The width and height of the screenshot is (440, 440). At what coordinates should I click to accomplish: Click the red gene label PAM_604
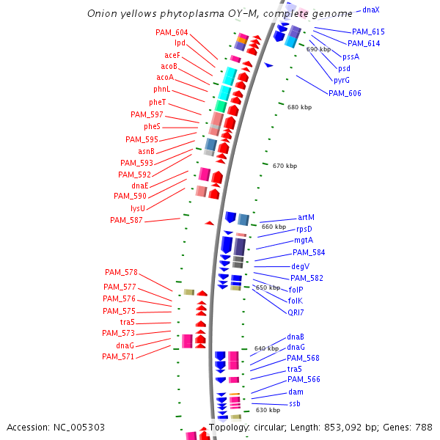(x=172, y=32)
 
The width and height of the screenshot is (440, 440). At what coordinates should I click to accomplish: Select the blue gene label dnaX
(x=370, y=10)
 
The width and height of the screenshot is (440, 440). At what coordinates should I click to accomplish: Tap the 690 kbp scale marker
(x=319, y=49)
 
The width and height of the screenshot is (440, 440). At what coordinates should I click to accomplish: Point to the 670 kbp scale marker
(x=285, y=166)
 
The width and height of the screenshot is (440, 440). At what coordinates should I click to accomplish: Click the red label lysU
(x=138, y=208)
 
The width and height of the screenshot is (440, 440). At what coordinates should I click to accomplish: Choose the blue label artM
(x=306, y=217)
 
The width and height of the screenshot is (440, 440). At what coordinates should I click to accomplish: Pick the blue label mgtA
(x=304, y=240)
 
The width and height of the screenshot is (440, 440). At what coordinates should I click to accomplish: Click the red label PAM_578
(x=120, y=272)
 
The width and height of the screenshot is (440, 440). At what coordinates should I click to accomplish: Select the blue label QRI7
(x=296, y=312)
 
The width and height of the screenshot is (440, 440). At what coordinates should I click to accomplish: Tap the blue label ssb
(x=294, y=403)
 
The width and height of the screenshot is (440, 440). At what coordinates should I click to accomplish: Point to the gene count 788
(x=424, y=427)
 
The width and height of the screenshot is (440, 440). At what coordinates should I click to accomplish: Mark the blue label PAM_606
(x=345, y=93)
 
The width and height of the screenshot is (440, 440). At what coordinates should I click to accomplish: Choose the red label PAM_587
(x=127, y=220)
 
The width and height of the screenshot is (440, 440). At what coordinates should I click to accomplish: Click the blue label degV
(x=301, y=266)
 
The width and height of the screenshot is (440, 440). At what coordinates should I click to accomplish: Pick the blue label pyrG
(x=342, y=80)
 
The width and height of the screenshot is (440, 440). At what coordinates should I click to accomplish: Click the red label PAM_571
(x=118, y=356)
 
